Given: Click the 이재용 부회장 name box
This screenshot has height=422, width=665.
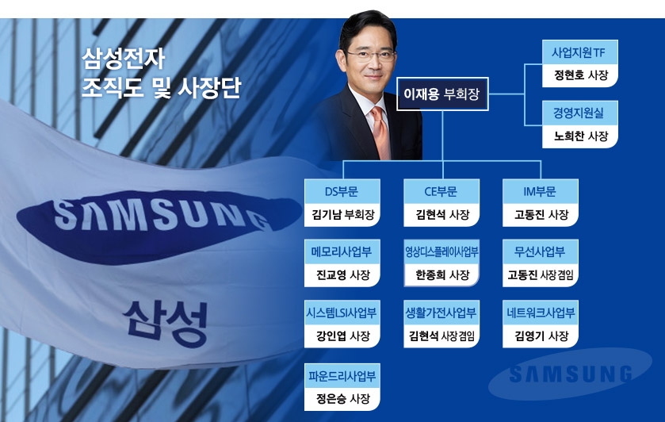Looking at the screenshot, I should click(442, 94).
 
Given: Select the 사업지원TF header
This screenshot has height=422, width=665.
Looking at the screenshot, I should click(579, 53).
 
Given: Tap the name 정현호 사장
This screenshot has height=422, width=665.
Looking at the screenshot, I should click(579, 75).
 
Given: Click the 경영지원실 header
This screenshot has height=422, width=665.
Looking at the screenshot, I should click(579, 113).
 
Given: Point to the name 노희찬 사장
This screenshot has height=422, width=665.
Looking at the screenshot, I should click(579, 136).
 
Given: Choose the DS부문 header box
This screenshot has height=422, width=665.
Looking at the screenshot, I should click(342, 191).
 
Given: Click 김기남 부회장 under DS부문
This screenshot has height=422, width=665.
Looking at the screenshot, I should click(342, 214).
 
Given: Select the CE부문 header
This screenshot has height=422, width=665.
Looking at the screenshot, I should click(441, 191).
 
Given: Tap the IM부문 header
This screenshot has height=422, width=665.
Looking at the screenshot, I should click(541, 191).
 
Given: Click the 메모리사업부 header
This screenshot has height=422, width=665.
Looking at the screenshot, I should click(342, 252).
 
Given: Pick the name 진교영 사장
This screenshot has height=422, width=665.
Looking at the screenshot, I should click(342, 274).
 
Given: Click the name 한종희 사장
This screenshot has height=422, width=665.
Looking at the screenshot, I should click(441, 274).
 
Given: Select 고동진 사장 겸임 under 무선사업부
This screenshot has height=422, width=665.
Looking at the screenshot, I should click(541, 274).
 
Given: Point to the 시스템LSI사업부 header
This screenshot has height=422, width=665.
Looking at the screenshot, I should click(342, 313).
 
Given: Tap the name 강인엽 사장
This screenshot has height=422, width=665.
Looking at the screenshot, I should click(342, 336).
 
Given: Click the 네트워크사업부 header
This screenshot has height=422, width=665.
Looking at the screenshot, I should click(541, 313).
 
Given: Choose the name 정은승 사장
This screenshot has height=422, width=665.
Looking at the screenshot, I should click(342, 398).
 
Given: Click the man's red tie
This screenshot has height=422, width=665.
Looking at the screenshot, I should click(380, 132).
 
